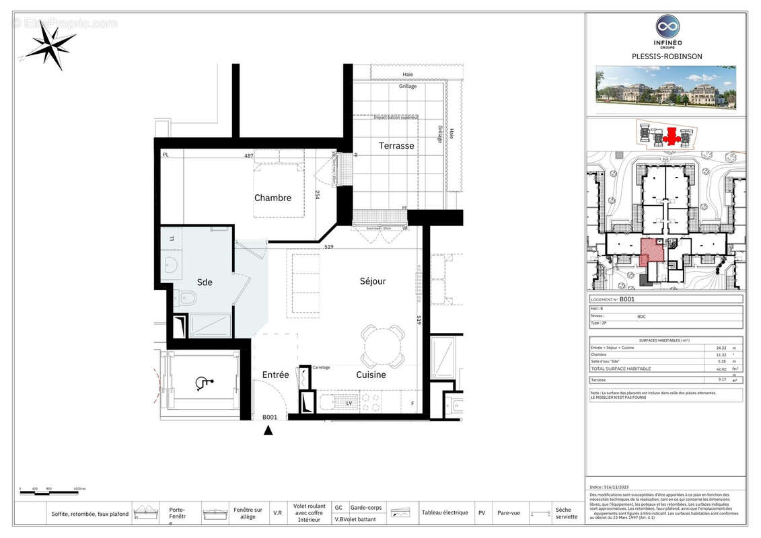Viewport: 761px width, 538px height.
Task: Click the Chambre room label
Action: tap(273, 198)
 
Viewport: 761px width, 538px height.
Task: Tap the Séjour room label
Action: tap(372, 281)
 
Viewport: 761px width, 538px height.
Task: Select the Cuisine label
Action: tap(371, 375)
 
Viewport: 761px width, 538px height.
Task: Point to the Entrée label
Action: tap(275, 375)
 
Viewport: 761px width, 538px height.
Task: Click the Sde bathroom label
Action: tap(205, 282)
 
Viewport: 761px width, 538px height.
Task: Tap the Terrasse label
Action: tap(396, 145)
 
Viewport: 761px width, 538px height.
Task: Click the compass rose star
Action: tap(51, 44)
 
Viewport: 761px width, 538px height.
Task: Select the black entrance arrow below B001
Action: tap(268, 430)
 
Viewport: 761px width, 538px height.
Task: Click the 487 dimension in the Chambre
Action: tap(248, 156)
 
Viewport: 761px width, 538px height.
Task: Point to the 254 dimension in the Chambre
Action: tap(317, 195)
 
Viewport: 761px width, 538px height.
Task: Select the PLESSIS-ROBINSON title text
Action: tap(667, 56)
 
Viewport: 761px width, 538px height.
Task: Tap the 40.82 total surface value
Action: tap(721, 369)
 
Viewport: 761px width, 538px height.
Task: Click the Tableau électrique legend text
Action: tap(445, 512)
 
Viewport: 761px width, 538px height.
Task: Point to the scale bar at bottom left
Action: tap(47, 493)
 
